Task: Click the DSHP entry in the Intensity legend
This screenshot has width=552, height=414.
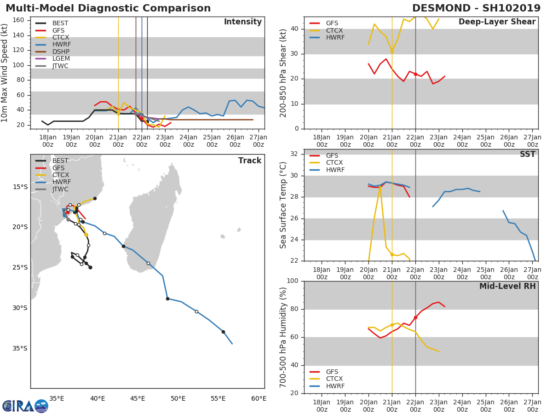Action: pos(61,52)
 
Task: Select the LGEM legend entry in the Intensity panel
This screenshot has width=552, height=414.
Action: pos(61,58)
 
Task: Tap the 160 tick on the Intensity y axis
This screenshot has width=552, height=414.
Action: pos(18,20)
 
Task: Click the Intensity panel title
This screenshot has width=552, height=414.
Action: pos(243,22)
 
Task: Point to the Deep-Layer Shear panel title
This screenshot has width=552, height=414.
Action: pos(497,22)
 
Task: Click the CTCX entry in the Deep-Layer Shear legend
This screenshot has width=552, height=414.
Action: pos(334,30)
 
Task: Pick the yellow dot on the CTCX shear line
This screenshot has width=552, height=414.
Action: pos(392,52)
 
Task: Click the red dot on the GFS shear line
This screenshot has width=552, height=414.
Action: pos(415,74)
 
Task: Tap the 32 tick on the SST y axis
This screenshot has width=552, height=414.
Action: pos(294,154)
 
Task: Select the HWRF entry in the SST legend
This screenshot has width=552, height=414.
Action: pos(335,170)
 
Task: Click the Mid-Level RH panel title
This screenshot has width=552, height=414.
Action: pos(507,286)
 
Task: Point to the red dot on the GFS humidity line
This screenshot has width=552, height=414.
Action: pos(415,318)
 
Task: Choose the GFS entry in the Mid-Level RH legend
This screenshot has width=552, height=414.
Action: pos(332,372)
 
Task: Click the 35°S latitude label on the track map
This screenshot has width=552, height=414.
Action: pos(20,348)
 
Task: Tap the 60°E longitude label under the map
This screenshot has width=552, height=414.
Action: pos(259,399)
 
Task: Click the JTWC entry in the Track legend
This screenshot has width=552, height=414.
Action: pos(60,189)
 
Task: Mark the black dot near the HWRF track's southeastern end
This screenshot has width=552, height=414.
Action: pos(223,332)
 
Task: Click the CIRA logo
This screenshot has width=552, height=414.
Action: pos(25,406)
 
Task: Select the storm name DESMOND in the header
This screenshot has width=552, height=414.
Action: pos(441,8)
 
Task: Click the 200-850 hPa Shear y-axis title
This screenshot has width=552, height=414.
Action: pos(283,73)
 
